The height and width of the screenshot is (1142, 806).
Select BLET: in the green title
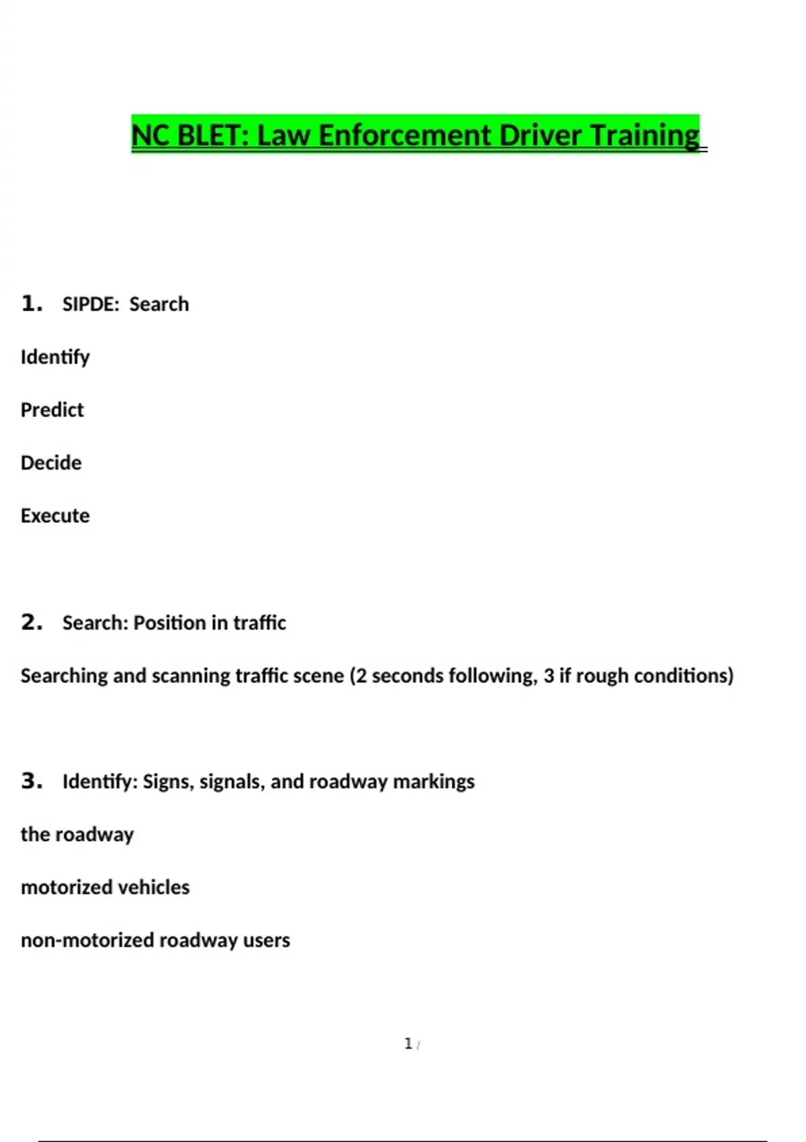click(x=213, y=135)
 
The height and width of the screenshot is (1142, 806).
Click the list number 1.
click(x=32, y=304)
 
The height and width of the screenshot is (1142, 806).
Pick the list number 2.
click(x=32, y=622)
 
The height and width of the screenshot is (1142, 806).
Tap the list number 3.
click(x=32, y=781)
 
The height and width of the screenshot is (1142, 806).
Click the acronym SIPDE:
click(x=91, y=304)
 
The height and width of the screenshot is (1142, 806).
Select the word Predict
click(x=52, y=410)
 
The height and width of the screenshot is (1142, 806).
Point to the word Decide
click(x=51, y=463)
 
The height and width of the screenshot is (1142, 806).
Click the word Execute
click(x=55, y=516)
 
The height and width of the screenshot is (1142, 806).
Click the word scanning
click(x=191, y=676)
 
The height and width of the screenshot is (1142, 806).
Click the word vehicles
click(x=159, y=887)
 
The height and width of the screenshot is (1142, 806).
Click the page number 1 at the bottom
click(x=408, y=1044)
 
